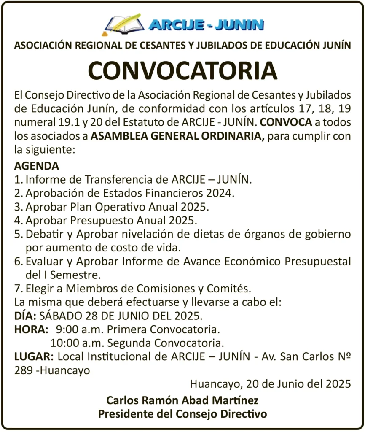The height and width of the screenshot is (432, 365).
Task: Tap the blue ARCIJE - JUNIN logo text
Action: [x=206, y=24]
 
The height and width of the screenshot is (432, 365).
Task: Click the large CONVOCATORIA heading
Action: [x=182, y=70]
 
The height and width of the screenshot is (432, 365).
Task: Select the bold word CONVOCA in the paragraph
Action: [x=287, y=123]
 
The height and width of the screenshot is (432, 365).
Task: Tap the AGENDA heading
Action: [x=37, y=165]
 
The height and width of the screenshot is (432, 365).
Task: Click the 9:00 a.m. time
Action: [x=75, y=329]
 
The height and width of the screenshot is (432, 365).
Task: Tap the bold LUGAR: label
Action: [x=34, y=357]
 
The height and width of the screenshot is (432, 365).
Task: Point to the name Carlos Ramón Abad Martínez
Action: [x=182, y=400]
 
